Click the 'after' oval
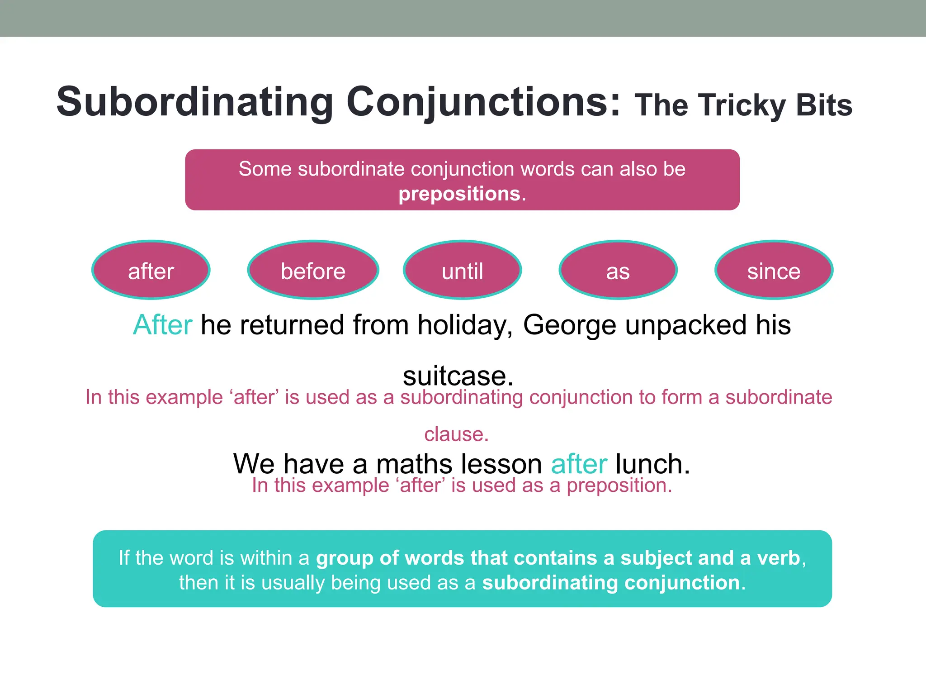coord(151,270)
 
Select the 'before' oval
coord(313,270)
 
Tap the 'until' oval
coord(462,270)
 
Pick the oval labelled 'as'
coord(618,270)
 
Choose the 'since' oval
coord(774,270)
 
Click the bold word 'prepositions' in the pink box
coord(459,194)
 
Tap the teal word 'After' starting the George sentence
coord(163,325)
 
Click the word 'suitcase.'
coord(458,376)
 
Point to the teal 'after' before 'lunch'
coord(579,464)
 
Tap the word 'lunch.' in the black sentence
coord(652,464)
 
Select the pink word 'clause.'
coord(456,434)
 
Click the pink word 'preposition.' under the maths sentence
coord(619,486)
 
